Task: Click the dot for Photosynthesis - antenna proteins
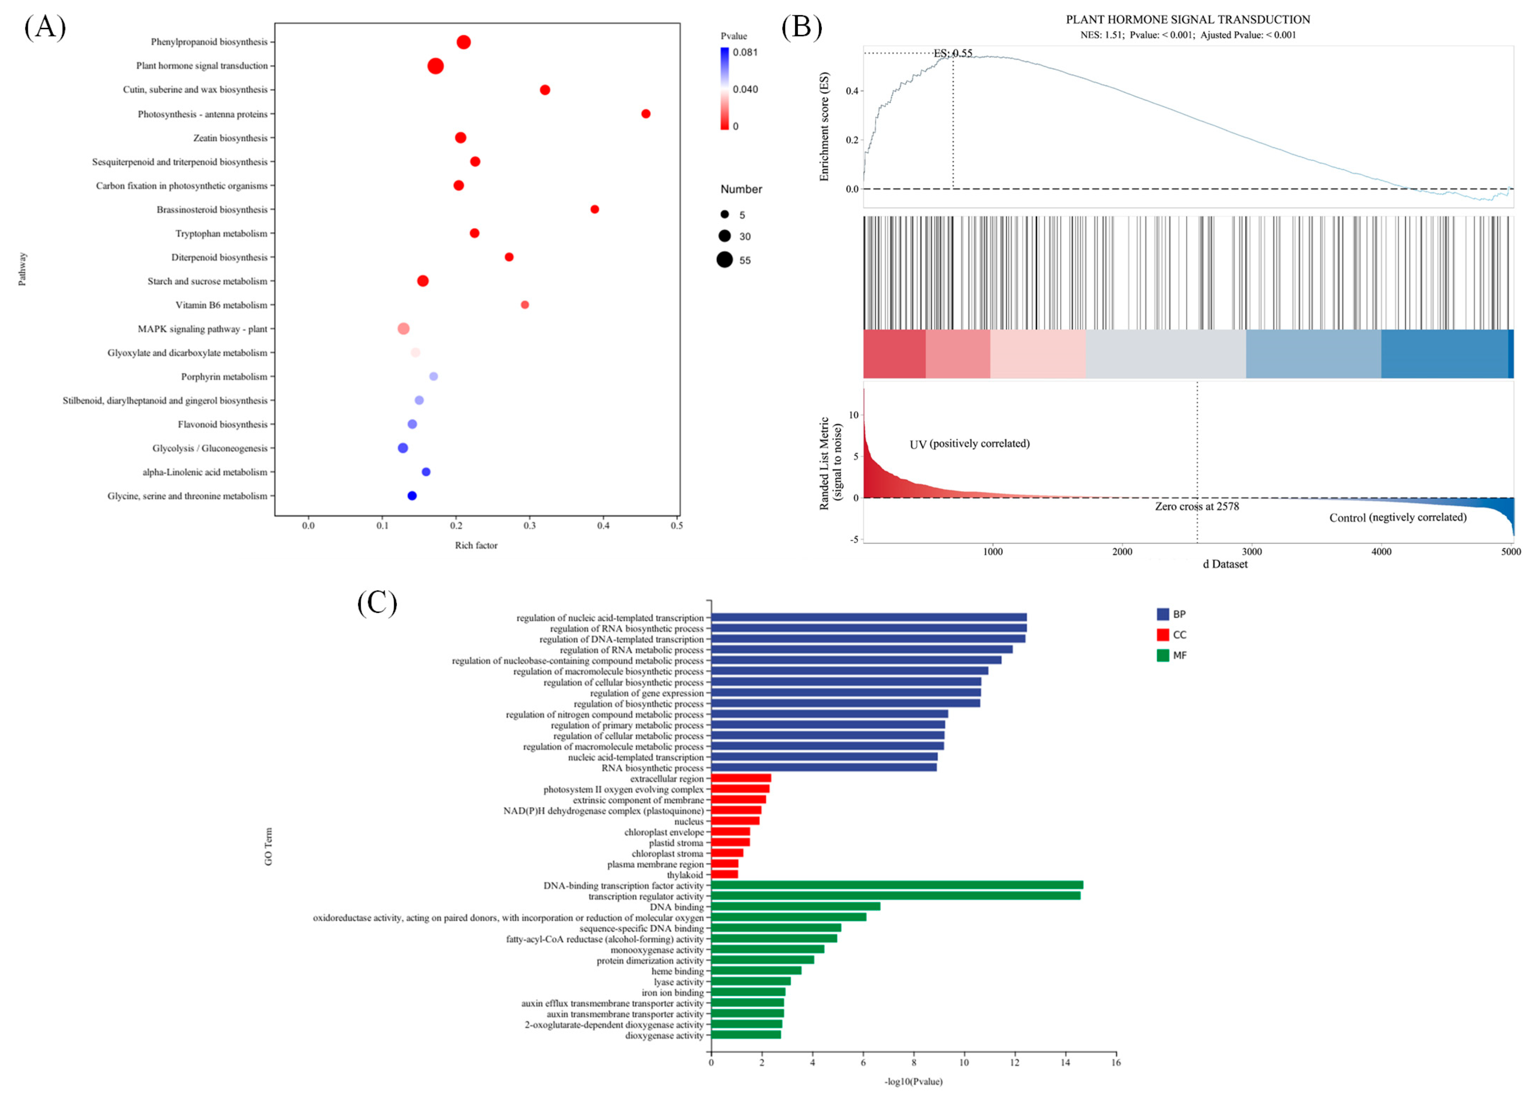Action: pos(646,113)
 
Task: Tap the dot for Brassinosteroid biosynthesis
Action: pos(595,209)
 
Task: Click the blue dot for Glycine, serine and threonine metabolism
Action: pos(412,495)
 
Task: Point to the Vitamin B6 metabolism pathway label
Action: pos(221,305)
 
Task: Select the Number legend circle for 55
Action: pos(725,260)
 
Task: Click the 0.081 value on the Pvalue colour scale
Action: pos(745,52)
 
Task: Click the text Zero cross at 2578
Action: pos(1196,506)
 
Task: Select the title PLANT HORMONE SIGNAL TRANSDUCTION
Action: pos(1188,20)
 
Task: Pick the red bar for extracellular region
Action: pos(741,778)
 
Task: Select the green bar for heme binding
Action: pos(756,970)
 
